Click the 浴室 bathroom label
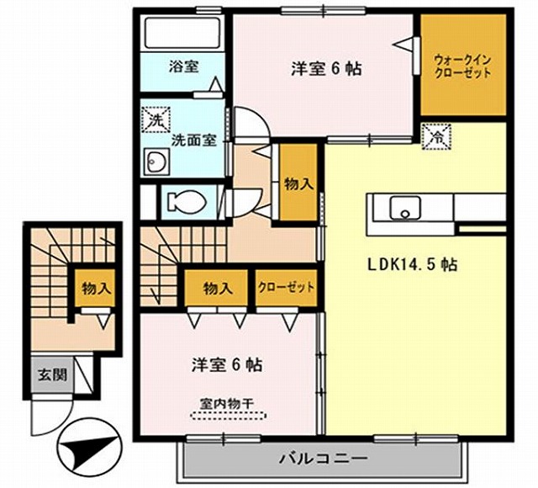182,66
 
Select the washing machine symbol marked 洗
155,120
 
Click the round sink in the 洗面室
155,162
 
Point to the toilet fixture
182,202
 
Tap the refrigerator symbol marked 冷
437,135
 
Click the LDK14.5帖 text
411,264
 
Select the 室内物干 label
228,403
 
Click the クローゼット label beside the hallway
287,287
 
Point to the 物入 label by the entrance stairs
96,288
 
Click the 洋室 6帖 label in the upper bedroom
327,69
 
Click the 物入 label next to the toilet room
298,182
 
